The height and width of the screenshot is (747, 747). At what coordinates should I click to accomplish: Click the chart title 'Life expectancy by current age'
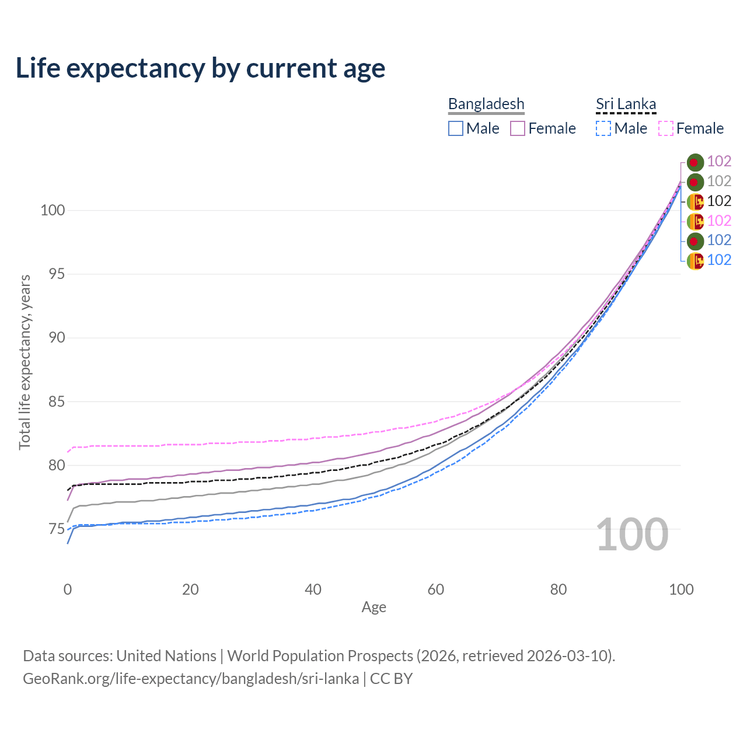pyautogui.click(x=200, y=68)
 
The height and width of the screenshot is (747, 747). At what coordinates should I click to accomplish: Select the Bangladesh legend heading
pyautogui.click(x=486, y=104)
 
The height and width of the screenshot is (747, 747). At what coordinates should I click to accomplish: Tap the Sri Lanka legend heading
pyautogui.click(x=626, y=104)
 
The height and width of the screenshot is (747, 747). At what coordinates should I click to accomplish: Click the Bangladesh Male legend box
pyautogui.click(x=456, y=128)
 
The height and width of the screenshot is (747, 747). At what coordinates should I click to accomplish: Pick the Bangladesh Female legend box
pyautogui.click(x=518, y=128)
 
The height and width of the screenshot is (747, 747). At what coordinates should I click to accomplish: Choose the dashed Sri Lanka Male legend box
pyautogui.click(x=603, y=128)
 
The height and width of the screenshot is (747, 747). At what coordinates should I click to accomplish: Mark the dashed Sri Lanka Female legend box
pyautogui.click(x=666, y=128)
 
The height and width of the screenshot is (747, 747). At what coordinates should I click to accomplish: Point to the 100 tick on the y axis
pyautogui.click(x=53, y=210)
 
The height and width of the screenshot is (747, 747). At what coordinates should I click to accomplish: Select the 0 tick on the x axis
pyautogui.click(x=68, y=589)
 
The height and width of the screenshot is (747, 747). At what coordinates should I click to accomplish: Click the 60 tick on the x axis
pyautogui.click(x=436, y=589)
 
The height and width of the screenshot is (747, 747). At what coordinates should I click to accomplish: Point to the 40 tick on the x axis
pyautogui.click(x=313, y=589)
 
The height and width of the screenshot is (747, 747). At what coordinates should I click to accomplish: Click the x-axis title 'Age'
pyautogui.click(x=374, y=608)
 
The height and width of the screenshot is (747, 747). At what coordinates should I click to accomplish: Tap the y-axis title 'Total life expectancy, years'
pyautogui.click(x=25, y=362)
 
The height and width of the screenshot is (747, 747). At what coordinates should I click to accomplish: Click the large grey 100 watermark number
pyautogui.click(x=632, y=535)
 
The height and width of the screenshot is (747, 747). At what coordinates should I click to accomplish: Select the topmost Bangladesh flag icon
pyautogui.click(x=694, y=162)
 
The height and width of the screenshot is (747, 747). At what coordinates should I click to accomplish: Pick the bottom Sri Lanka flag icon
pyautogui.click(x=694, y=260)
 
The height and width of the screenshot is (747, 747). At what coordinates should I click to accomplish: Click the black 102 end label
pyautogui.click(x=719, y=201)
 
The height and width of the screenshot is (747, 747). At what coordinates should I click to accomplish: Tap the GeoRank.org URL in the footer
pyautogui.click(x=191, y=679)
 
